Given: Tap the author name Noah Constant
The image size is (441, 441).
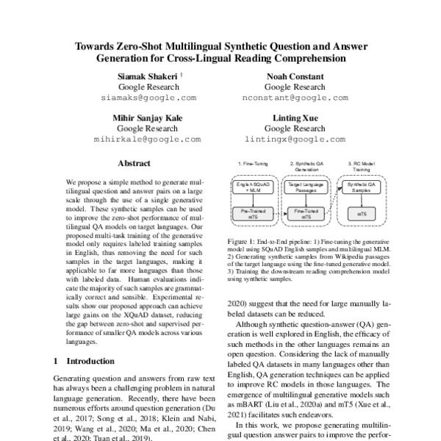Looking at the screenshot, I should tap(285, 76).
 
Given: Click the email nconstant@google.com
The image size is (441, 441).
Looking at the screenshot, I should tap(286, 97).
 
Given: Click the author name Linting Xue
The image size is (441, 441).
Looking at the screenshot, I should tap(285, 118).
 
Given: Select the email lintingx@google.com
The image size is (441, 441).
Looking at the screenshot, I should tap(285, 138).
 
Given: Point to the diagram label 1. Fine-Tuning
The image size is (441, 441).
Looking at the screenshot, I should tap(251, 162).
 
